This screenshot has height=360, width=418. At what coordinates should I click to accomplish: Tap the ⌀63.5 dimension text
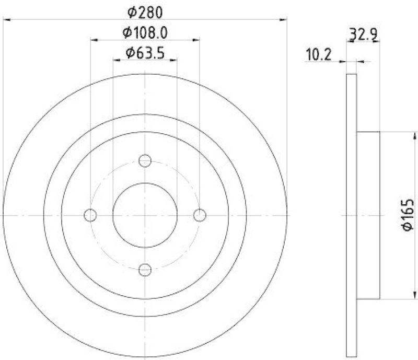point(145,52)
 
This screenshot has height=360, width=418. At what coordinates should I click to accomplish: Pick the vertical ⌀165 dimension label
point(408,214)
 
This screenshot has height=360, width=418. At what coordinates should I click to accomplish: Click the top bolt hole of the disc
point(145,160)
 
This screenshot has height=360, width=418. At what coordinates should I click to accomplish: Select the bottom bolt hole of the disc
point(145,270)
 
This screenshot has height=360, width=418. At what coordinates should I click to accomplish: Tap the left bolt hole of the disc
point(90,215)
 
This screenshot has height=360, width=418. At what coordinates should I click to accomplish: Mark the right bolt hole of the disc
point(200,215)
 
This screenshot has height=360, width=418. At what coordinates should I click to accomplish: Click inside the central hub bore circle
point(145,215)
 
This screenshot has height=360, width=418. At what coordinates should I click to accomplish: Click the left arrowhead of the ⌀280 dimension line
point(7,20)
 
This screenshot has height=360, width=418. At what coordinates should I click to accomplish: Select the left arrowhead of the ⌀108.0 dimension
point(94,40)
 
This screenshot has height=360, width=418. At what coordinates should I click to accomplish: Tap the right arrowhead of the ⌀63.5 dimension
point(173,60)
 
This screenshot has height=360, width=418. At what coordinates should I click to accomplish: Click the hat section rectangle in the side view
point(368,215)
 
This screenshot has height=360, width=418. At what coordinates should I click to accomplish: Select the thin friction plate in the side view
point(352,215)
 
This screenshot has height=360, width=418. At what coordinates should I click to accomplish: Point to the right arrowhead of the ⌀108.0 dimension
point(196,40)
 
